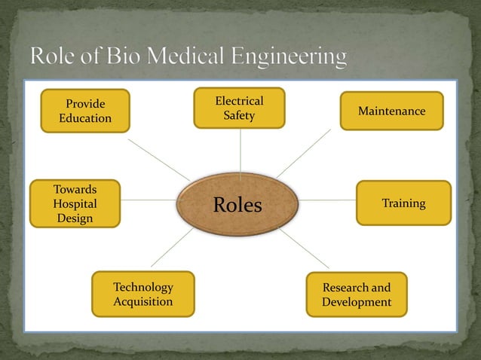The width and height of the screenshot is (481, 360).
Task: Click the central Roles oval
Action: tap(237, 203)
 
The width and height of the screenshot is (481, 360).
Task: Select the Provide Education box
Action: tap(85, 111)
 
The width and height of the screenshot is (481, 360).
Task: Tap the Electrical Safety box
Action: tap(239, 108)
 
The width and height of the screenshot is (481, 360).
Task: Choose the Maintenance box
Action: tap(391, 111)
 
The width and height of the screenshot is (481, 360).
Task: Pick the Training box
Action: tap(403, 203)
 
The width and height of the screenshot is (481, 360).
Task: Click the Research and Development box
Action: tap(357, 294)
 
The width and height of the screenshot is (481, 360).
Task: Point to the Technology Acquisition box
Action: tap(142, 294)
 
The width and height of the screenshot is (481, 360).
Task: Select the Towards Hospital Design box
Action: tap(75, 203)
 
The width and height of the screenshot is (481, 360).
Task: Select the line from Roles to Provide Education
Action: tap(158, 159)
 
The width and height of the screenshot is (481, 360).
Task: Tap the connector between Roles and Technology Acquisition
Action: tap(172, 248)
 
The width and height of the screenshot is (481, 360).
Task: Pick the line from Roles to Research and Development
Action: tap(305, 248)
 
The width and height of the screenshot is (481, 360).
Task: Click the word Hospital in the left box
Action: tap(75, 203)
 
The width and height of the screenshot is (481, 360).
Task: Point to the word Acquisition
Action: tap(142, 301)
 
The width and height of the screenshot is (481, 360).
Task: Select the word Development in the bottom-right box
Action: tap(357, 302)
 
